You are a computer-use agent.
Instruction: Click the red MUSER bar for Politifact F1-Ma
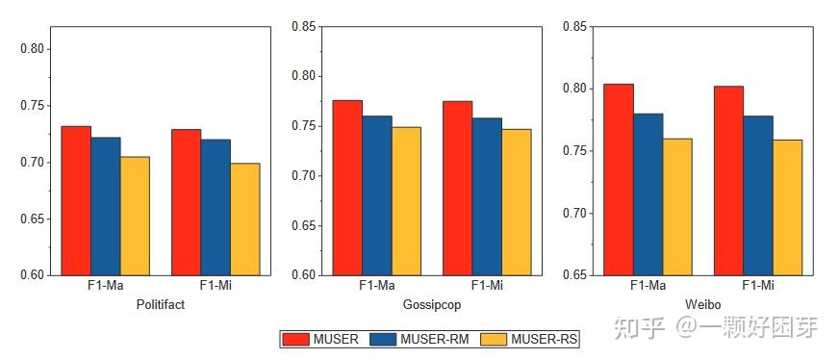pyautogui.click(x=76, y=200)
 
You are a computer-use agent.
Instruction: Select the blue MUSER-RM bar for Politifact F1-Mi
pyautogui.click(x=216, y=207)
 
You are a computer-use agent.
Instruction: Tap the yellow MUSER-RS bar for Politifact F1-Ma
pyautogui.click(x=135, y=216)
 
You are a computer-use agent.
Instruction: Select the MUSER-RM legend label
pyautogui.click(x=436, y=339)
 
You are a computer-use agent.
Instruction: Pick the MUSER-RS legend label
pyautogui.click(x=545, y=339)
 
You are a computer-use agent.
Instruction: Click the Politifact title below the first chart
pyautogui.click(x=160, y=304)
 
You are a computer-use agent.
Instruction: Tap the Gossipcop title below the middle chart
pyautogui.click(x=431, y=304)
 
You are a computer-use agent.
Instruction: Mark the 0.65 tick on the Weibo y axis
pyautogui.click(x=575, y=275)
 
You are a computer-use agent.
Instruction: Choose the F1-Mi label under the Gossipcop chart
pyautogui.click(x=487, y=286)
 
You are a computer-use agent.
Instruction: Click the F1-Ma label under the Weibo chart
pyautogui.click(x=648, y=286)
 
